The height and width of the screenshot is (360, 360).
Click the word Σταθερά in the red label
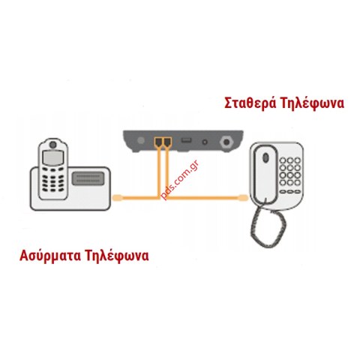point(250,103)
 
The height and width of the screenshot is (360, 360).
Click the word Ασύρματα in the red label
point(50,256)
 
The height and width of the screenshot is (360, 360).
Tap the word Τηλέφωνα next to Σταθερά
point(312,103)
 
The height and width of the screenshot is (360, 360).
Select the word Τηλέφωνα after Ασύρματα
point(117,256)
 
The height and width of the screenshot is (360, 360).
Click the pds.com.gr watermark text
point(180,180)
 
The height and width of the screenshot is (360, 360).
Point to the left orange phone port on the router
point(158,142)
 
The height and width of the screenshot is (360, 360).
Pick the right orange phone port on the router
point(166,142)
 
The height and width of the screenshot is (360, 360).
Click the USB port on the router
point(187,140)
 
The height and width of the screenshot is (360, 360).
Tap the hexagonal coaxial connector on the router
point(226,142)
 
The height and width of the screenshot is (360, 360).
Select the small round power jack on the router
point(205,142)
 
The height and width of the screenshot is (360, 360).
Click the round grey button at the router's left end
point(141,140)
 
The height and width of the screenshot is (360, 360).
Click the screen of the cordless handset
point(53,157)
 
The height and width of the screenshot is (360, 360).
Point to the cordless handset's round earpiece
point(53,145)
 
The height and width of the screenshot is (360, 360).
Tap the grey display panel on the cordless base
point(88,178)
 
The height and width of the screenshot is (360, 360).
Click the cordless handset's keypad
point(52,179)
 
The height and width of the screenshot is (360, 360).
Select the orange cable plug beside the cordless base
point(118,198)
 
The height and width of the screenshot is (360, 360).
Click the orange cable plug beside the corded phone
point(242,198)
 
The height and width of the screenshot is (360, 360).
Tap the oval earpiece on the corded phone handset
point(265,157)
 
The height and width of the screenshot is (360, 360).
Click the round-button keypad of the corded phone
point(290,175)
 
